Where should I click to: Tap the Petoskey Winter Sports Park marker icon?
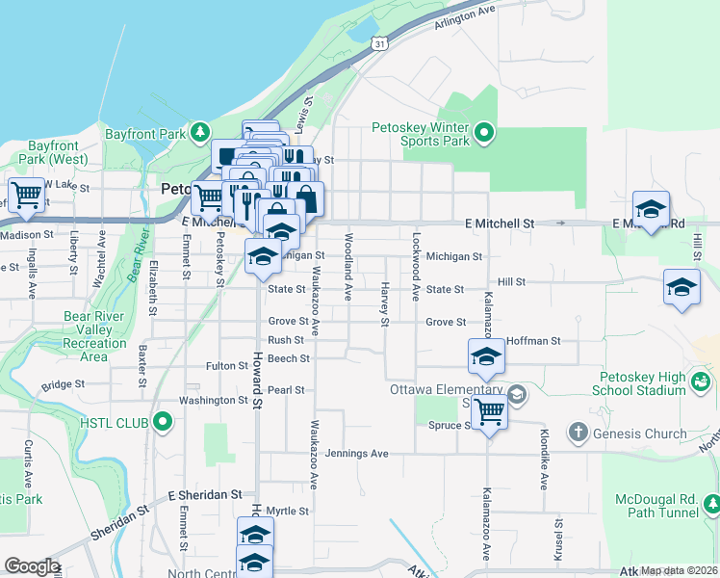pyautogui.click(x=484, y=132)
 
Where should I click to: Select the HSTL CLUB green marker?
pyautogui.click(x=163, y=420)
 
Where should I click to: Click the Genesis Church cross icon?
pyautogui.click(x=578, y=432)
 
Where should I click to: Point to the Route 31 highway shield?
pyautogui.click(x=381, y=43)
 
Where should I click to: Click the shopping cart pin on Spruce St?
pyautogui.click(x=489, y=412)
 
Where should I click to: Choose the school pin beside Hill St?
pyautogui.click(x=682, y=287)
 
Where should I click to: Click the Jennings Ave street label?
pyautogui.click(x=356, y=453)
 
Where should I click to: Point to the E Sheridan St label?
pyautogui.click(x=204, y=494)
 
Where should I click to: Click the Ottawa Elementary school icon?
pyautogui.click(x=517, y=394)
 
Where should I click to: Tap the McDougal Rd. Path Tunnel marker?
pyautogui.click(x=711, y=503)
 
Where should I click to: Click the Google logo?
pyautogui.click(x=31, y=566)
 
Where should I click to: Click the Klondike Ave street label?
pyautogui.click(x=544, y=460)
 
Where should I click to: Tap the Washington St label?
pyautogui.click(x=214, y=400)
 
